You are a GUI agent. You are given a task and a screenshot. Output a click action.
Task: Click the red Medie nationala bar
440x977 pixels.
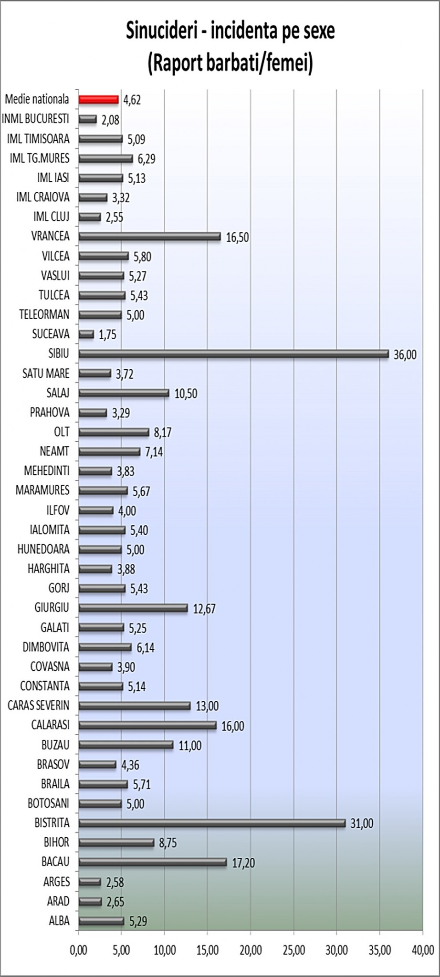(x=98, y=99)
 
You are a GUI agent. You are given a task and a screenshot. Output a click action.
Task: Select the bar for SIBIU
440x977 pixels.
(x=233, y=353)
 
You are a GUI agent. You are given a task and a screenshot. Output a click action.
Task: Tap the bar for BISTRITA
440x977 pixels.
(x=212, y=823)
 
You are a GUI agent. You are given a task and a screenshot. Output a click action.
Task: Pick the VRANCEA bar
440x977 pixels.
(x=150, y=236)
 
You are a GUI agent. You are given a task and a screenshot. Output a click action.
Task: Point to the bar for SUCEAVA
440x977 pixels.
(x=86, y=334)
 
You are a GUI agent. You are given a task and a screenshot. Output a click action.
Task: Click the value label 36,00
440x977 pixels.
(x=405, y=354)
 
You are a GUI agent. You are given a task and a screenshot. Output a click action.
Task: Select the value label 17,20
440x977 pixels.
(x=243, y=863)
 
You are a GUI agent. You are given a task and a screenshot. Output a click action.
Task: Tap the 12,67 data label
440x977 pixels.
(x=204, y=608)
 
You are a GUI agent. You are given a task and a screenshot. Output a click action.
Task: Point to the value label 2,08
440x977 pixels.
(x=110, y=120)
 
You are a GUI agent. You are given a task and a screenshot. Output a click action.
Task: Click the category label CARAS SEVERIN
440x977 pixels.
(x=39, y=705)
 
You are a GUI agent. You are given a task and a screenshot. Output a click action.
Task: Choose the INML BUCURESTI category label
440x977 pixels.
(x=36, y=119)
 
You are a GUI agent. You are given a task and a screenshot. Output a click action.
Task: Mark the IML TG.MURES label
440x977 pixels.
(x=40, y=158)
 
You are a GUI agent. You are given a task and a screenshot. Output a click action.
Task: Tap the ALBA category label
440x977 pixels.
(x=59, y=921)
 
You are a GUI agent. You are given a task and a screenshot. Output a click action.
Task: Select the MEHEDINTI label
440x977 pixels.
(x=47, y=471)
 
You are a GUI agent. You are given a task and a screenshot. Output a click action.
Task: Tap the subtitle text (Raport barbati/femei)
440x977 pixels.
(x=230, y=63)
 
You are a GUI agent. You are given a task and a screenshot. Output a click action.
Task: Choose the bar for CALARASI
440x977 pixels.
(x=147, y=725)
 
